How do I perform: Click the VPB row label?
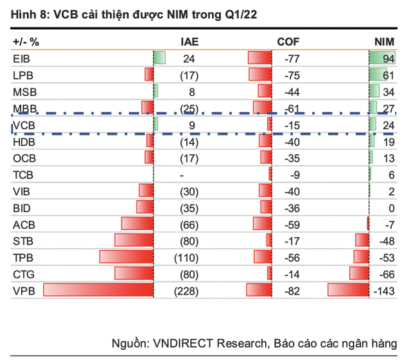click(x=22, y=291)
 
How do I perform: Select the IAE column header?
click(x=189, y=42)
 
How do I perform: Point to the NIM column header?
click(x=385, y=42)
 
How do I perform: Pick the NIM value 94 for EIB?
click(x=388, y=59)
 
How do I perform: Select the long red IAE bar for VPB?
click(x=98, y=289)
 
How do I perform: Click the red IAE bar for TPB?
click(x=127, y=256)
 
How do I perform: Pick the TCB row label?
click(x=22, y=175)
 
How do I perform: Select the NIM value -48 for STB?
click(x=387, y=240)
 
